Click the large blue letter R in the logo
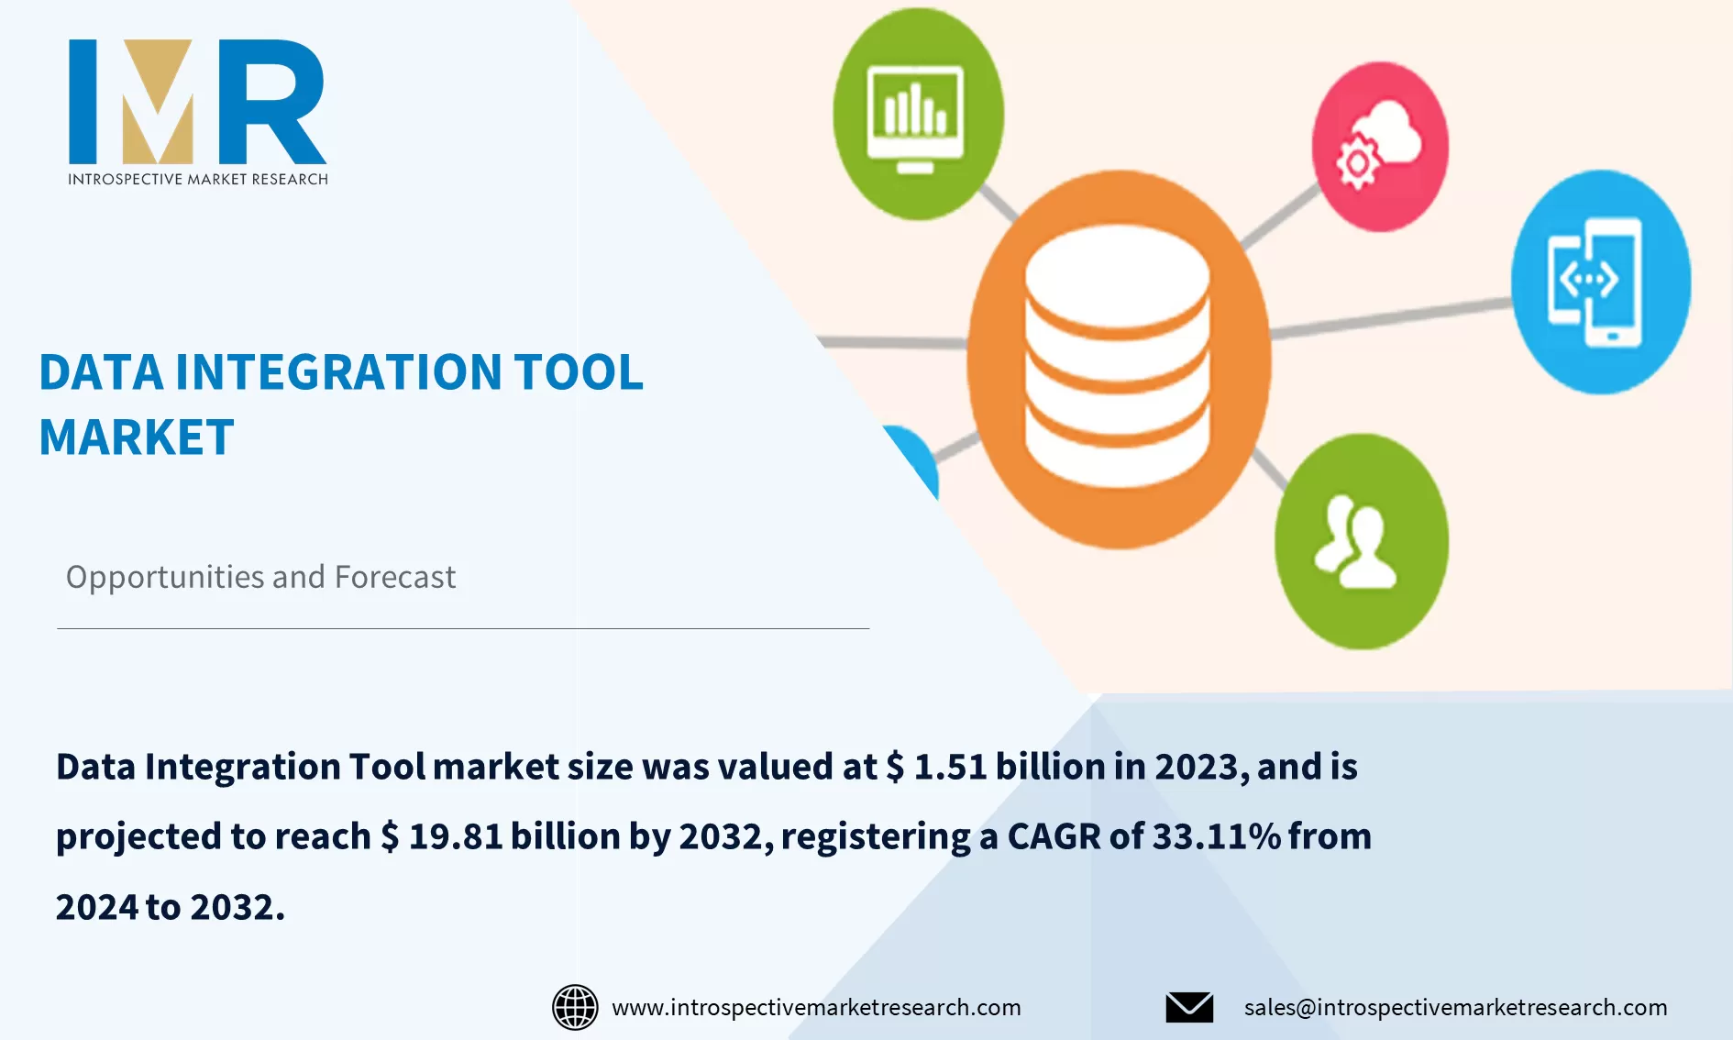click(x=273, y=103)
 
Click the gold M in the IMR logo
click(x=158, y=103)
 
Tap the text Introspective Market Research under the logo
click(x=198, y=179)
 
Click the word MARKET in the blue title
click(x=137, y=437)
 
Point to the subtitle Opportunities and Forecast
click(x=260, y=577)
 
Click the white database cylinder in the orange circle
click(x=1117, y=358)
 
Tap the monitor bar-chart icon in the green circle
click(x=916, y=116)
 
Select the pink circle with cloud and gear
click(x=1379, y=147)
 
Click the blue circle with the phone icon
click(x=1600, y=282)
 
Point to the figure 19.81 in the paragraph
click(x=456, y=836)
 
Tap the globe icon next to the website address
click(x=575, y=1007)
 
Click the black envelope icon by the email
click(x=1189, y=1007)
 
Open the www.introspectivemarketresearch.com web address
click(x=816, y=1007)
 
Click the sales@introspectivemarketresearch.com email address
click(x=1455, y=1007)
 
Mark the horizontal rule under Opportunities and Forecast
click(x=463, y=628)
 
